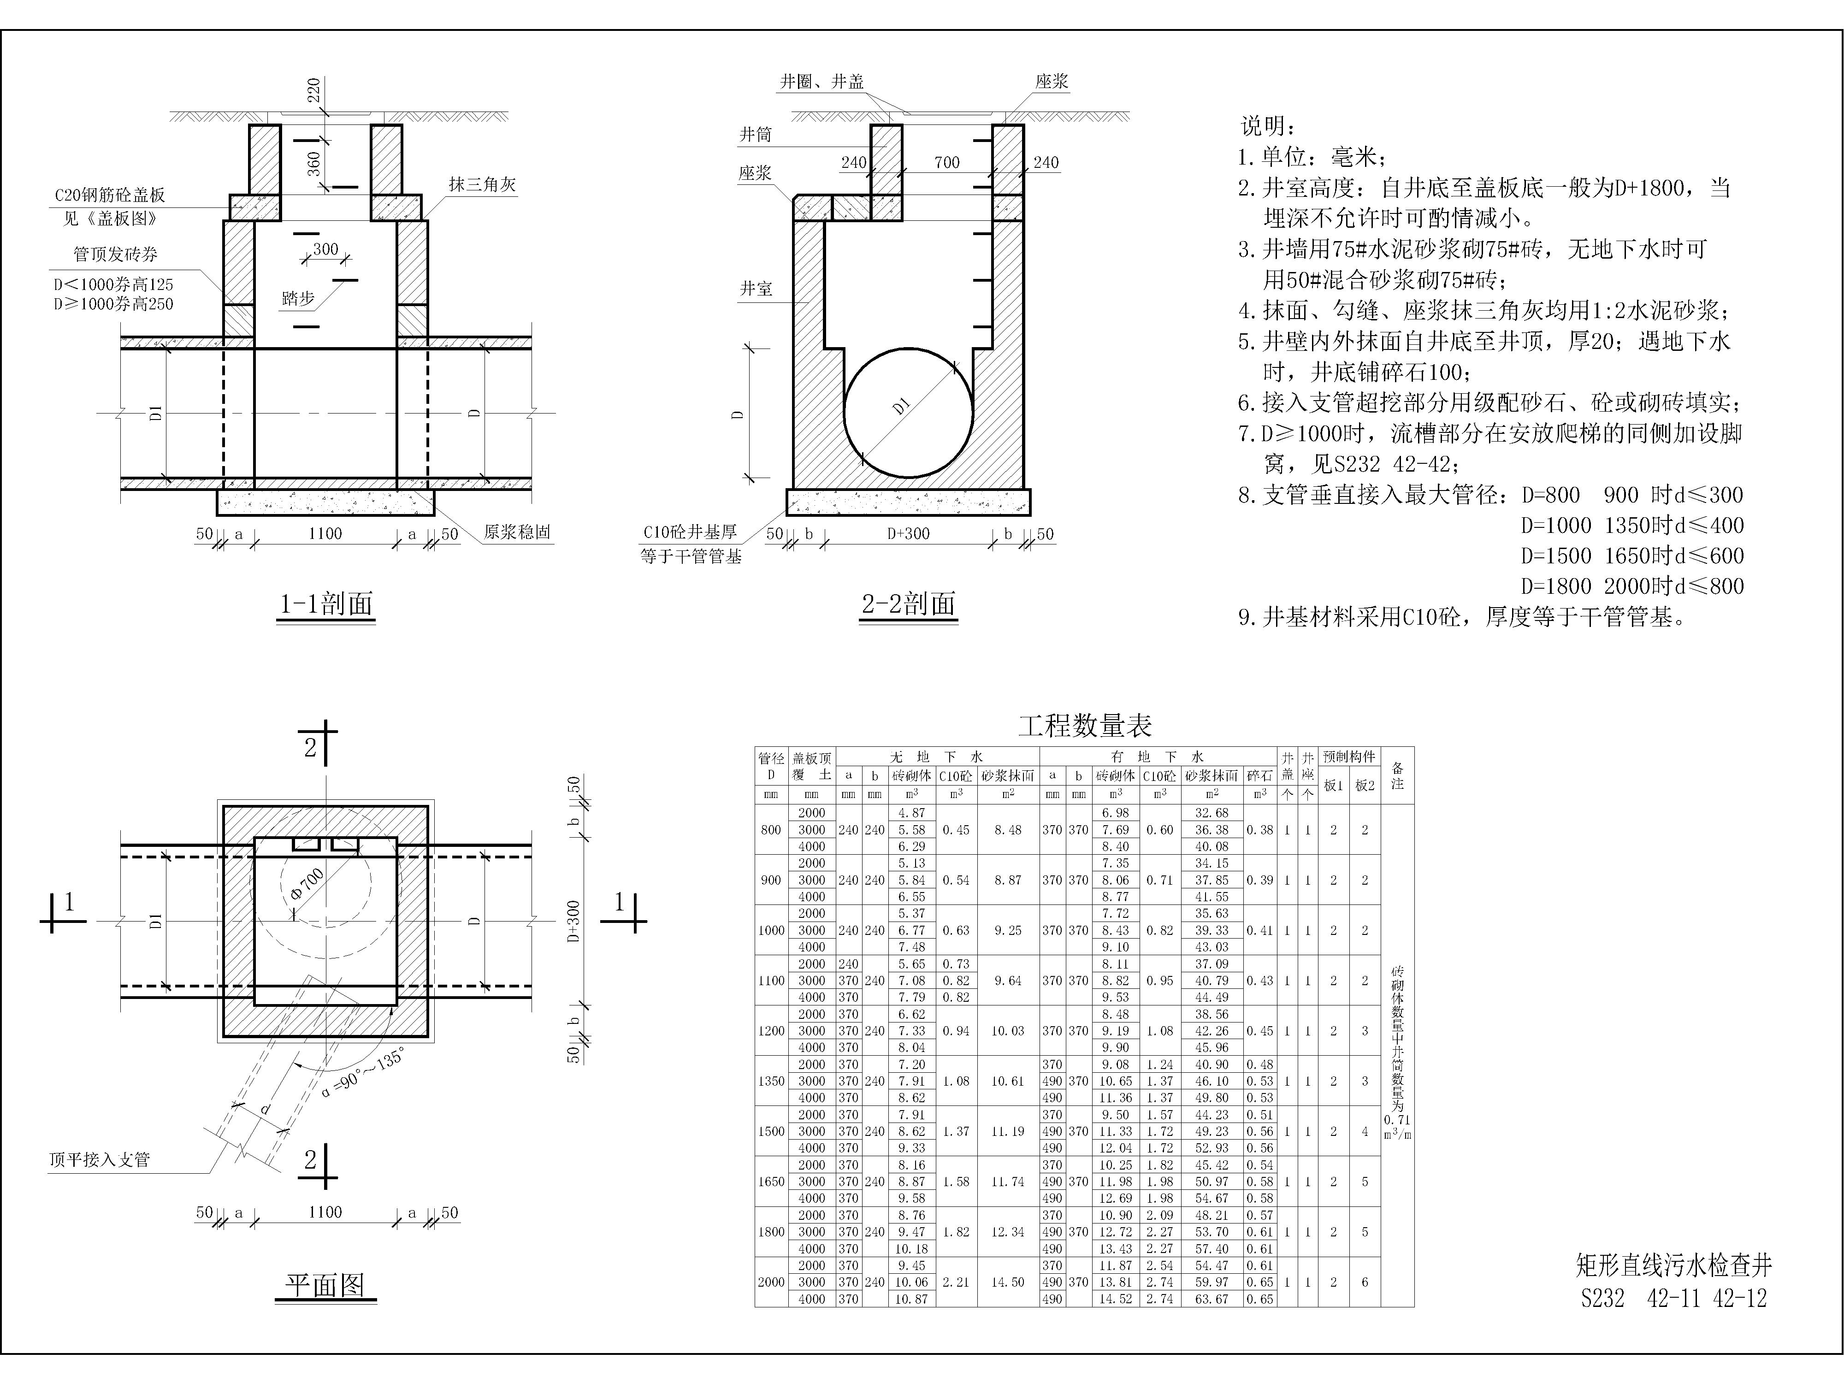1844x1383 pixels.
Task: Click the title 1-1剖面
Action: point(326,603)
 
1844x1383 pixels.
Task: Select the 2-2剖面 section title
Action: point(909,603)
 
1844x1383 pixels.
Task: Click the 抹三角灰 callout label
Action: point(483,184)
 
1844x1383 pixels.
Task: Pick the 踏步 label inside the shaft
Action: point(298,298)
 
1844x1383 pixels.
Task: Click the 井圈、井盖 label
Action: point(822,82)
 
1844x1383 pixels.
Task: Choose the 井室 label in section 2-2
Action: point(756,289)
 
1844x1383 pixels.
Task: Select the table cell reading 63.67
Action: point(1211,1299)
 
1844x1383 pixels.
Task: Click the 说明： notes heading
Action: point(1268,127)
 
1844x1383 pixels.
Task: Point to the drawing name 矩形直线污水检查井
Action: point(1674,1265)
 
